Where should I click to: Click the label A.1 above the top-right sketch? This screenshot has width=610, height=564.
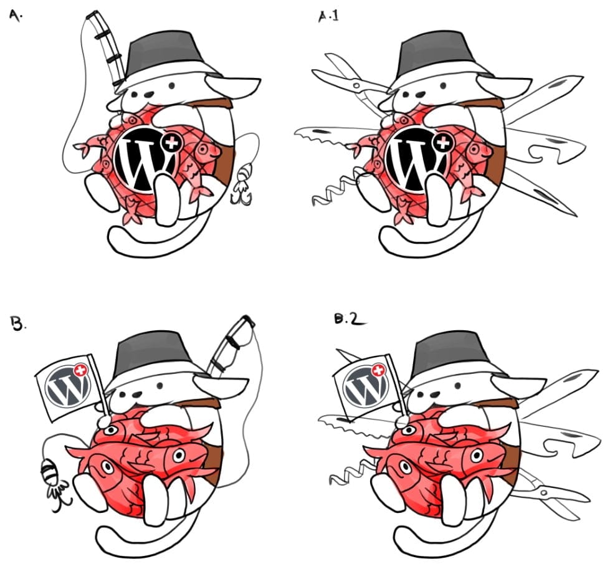(x=328, y=16)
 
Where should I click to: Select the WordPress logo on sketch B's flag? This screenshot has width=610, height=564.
(x=68, y=385)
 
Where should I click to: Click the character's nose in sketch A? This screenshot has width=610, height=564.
(x=148, y=95)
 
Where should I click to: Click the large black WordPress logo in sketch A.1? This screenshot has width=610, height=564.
(x=416, y=160)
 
